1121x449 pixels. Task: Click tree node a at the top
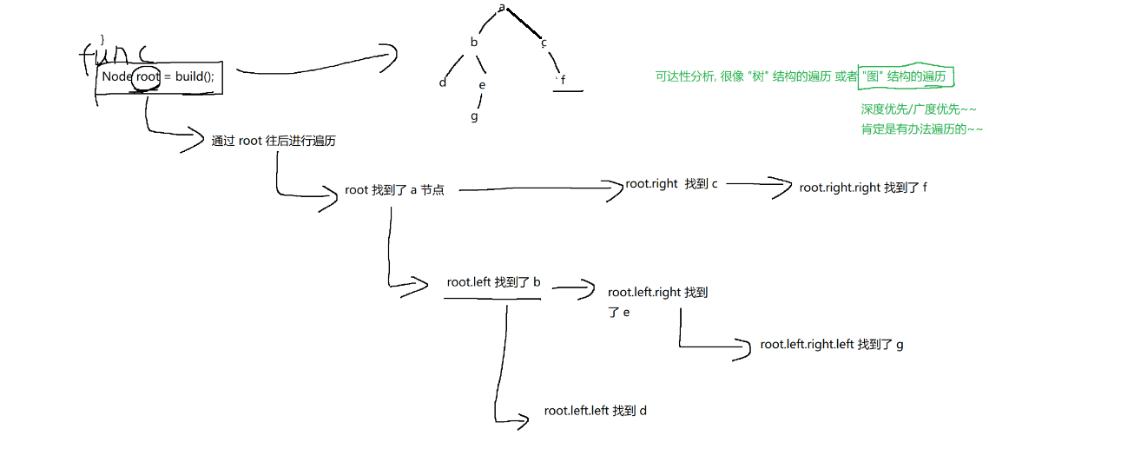click(x=502, y=8)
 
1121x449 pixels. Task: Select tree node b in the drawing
click(x=474, y=42)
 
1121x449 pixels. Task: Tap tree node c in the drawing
click(x=544, y=42)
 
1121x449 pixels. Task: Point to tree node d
click(x=443, y=83)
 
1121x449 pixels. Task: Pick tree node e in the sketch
click(x=482, y=84)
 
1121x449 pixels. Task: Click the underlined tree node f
click(x=564, y=82)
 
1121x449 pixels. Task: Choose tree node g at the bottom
click(x=474, y=116)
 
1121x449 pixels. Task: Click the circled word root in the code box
click(x=148, y=76)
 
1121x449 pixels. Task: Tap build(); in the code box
click(x=194, y=76)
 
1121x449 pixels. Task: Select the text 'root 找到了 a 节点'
click(x=394, y=190)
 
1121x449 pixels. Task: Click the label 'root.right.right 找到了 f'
click(x=863, y=188)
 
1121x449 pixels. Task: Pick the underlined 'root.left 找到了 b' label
click(x=493, y=282)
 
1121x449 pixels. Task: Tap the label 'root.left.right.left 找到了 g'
click(x=831, y=345)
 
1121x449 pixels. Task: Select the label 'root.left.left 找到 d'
click(x=595, y=411)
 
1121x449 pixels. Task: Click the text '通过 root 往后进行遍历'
click(x=273, y=141)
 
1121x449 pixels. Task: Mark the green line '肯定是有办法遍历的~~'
click(x=921, y=129)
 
